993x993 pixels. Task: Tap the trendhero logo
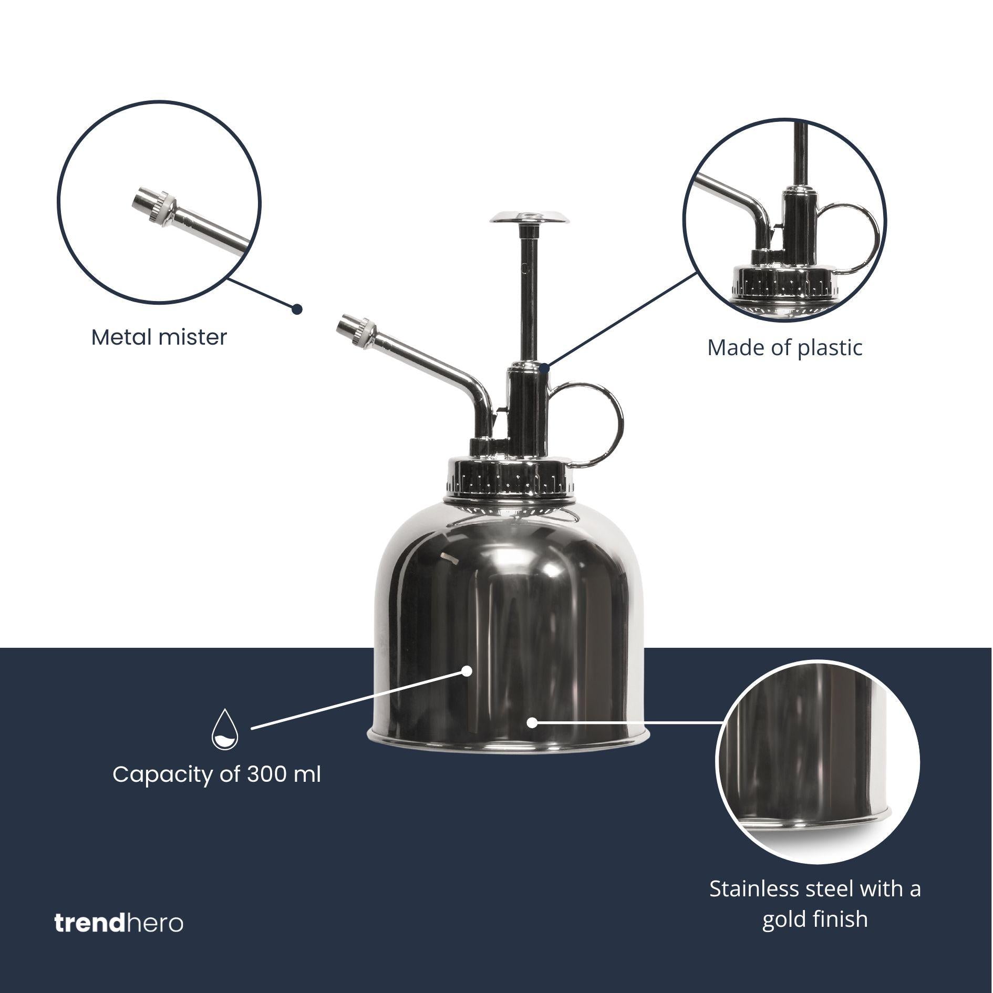119,923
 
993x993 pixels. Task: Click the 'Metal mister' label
159,337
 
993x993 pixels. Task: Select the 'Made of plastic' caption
784,348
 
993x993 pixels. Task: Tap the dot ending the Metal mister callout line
297,309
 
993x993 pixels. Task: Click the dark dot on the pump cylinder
545,368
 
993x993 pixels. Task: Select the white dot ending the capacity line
466,671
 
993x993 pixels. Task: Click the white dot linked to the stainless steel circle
532,723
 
